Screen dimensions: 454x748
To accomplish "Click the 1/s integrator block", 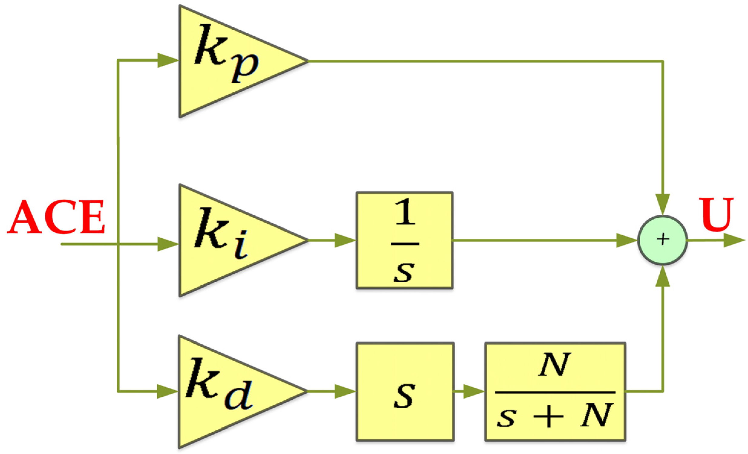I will (x=404, y=240).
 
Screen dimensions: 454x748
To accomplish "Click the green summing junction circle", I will (x=662, y=240).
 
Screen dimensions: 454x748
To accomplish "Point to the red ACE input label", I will (x=56, y=217).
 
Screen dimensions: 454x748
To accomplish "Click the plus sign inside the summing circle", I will (x=663, y=239).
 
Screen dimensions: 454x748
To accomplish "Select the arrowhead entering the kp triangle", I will (x=168, y=60).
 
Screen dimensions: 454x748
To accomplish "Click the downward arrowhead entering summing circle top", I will (x=662, y=204).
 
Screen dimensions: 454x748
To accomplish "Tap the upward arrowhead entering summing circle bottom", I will (x=662, y=277).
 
